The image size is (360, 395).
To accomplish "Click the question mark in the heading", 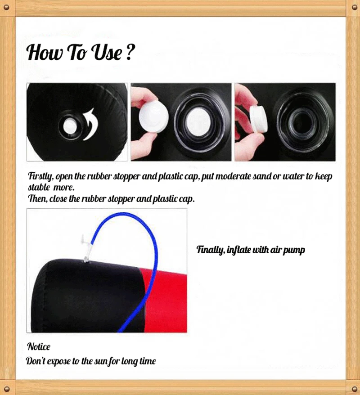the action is (129, 52).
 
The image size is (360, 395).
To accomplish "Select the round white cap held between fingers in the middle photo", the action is (153, 117).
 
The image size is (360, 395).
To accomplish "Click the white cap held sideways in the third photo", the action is (258, 118).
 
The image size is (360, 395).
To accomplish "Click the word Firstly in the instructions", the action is (40, 176).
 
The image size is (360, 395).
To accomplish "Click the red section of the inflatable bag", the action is (164, 300).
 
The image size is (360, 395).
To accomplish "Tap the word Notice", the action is (39, 346).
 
